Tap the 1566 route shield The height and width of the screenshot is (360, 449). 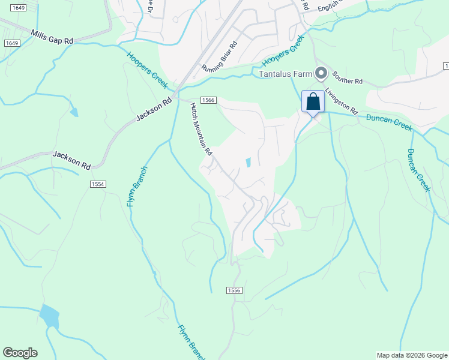coord(208,100)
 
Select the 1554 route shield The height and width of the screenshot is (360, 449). coord(98,184)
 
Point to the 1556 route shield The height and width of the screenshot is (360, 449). coord(234,290)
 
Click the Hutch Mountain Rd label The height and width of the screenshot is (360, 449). coord(202,129)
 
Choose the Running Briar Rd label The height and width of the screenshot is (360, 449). coord(220,56)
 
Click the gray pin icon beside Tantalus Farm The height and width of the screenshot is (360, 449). coord(321,74)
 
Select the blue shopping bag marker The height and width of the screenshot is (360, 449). coord(313,101)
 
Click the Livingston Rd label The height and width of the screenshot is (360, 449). coord(342,101)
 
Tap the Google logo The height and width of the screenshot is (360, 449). coord(20,353)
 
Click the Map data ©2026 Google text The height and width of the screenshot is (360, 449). coord(412,355)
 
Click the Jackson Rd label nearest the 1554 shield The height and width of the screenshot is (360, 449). coord(71,159)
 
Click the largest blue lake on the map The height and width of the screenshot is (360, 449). coord(49,316)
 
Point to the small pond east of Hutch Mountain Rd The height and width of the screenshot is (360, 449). coord(248,162)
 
